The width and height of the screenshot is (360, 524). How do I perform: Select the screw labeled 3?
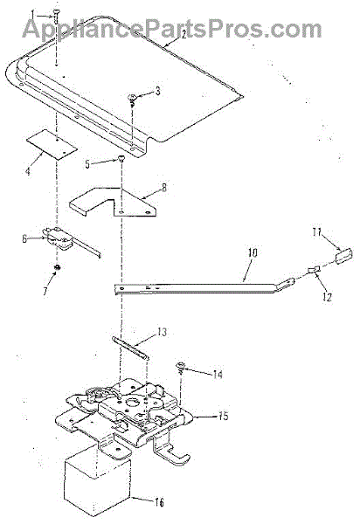(132, 100)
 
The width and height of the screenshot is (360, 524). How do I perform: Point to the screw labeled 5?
(121, 161)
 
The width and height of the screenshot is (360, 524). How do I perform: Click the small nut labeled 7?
(57, 267)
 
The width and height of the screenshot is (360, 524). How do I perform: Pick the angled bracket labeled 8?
(113, 203)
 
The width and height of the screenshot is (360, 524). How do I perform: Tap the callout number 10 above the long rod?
(253, 252)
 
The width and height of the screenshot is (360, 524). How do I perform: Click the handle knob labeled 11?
(344, 256)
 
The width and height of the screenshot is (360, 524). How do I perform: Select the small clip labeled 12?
(314, 269)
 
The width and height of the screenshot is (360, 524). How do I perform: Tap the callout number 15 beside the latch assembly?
(224, 417)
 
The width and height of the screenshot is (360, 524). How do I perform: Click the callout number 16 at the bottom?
(159, 503)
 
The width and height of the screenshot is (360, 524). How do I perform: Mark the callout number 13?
(162, 333)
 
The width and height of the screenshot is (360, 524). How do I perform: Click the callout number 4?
(29, 172)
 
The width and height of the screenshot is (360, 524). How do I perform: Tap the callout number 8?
(164, 188)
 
